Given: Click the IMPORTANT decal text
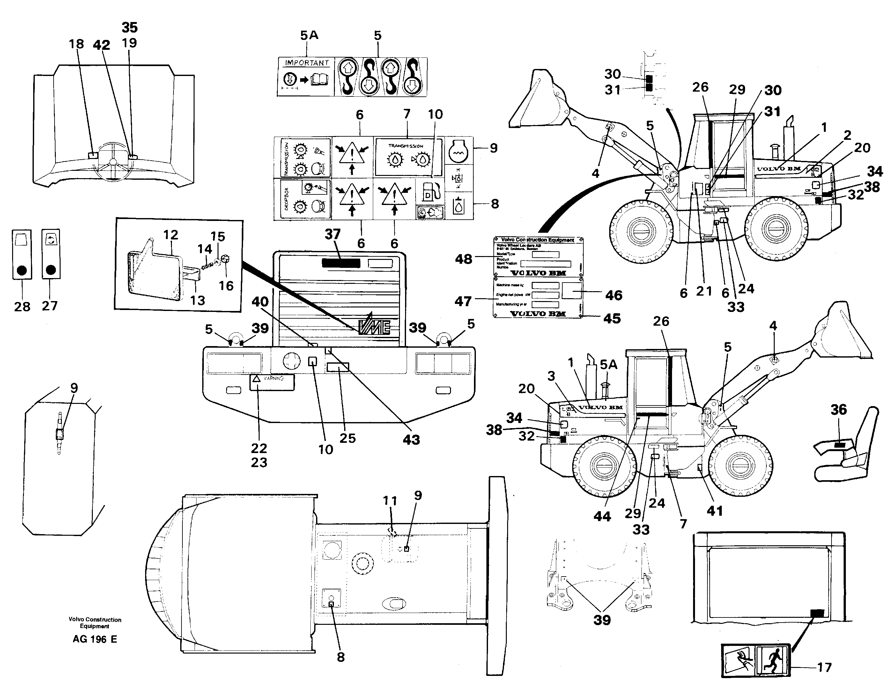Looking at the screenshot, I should click(307, 63).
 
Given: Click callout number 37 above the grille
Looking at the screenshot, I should click(332, 234).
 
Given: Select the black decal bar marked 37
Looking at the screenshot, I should click(341, 263).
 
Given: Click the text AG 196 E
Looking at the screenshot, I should click(95, 639).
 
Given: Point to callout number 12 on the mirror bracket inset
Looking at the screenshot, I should click(170, 235).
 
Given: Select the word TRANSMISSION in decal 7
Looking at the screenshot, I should click(406, 146).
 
